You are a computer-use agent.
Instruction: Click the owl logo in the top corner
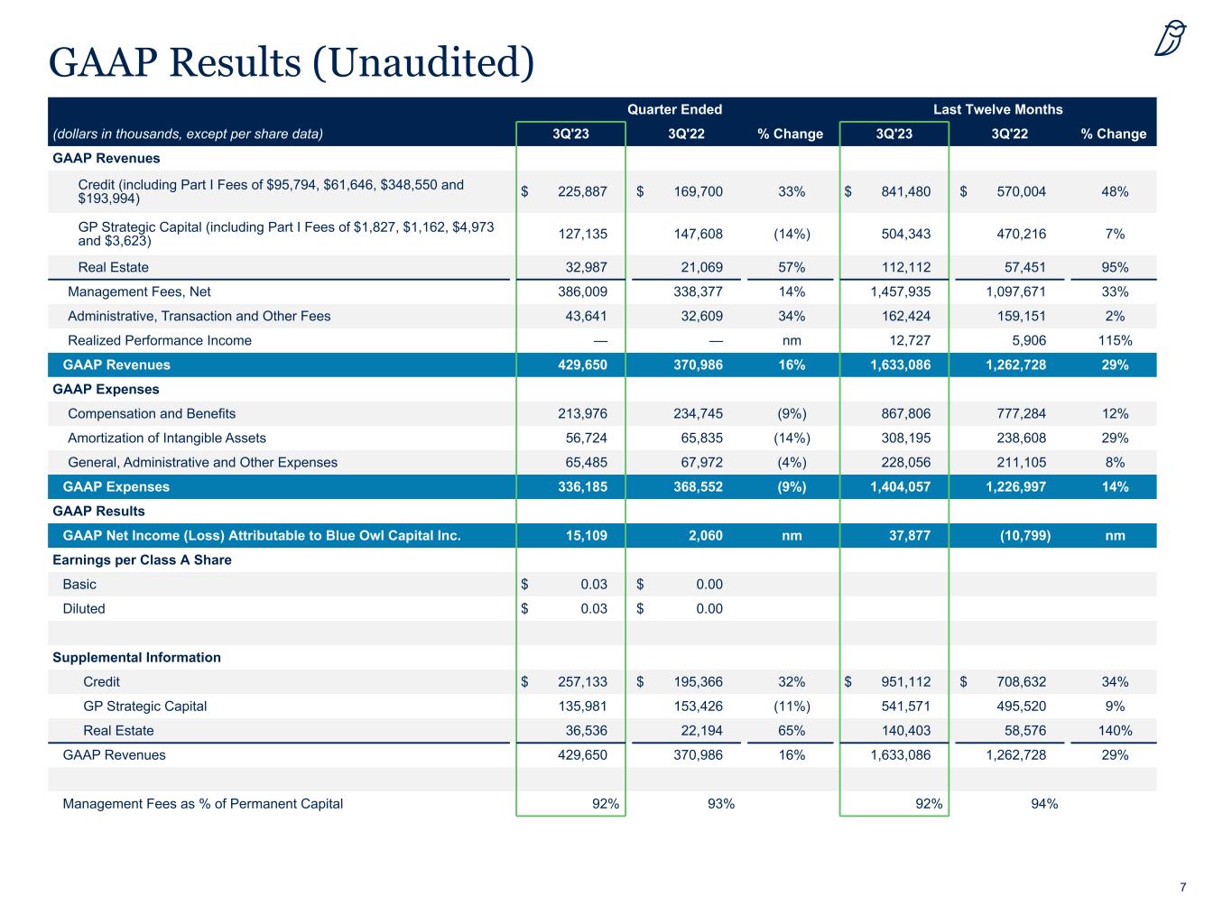pos(1171,39)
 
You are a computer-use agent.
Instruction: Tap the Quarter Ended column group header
pos(674,109)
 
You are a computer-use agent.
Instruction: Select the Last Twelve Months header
pos(997,109)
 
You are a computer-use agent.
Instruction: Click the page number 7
pos(1182,888)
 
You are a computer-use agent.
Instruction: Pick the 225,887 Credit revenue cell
pos(577,191)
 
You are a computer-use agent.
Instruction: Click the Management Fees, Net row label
pos(139,291)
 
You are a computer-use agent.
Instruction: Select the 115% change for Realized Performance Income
pos(1115,340)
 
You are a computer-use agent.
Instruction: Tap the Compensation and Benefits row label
pos(152,413)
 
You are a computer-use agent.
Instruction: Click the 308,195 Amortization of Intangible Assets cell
pos(905,438)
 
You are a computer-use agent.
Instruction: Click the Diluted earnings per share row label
pos(84,608)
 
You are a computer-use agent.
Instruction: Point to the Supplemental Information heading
pos(136,657)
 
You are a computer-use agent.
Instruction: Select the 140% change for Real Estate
pos(1115,730)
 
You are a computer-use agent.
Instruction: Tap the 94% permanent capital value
pos(1044,803)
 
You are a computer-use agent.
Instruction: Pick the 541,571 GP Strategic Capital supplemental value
pos(905,706)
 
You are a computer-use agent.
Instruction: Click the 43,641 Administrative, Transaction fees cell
pos(584,316)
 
